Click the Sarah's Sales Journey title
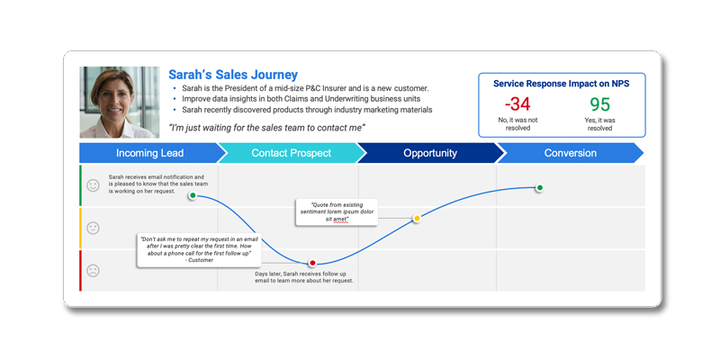point(233,75)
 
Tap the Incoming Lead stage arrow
point(149,153)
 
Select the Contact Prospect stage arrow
point(291,153)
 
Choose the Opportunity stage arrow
point(430,153)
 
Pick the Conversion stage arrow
point(571,153)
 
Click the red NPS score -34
point(517,104)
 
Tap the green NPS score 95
point(599,104)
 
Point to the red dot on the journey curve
point(312,263)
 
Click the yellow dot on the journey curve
point(417,219)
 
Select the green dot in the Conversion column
point(539,187)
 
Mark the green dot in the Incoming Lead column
point(193,195)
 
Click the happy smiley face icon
point(94,185)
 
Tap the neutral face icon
point(94,229)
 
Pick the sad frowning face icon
point(94,271)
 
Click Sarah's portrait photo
point(120,103)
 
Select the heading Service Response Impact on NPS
point(561,84)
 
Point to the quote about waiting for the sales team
point(266,128)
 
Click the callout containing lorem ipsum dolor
point(337,212)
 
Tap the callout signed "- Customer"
point(199,250)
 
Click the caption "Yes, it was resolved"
point(599,124)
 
